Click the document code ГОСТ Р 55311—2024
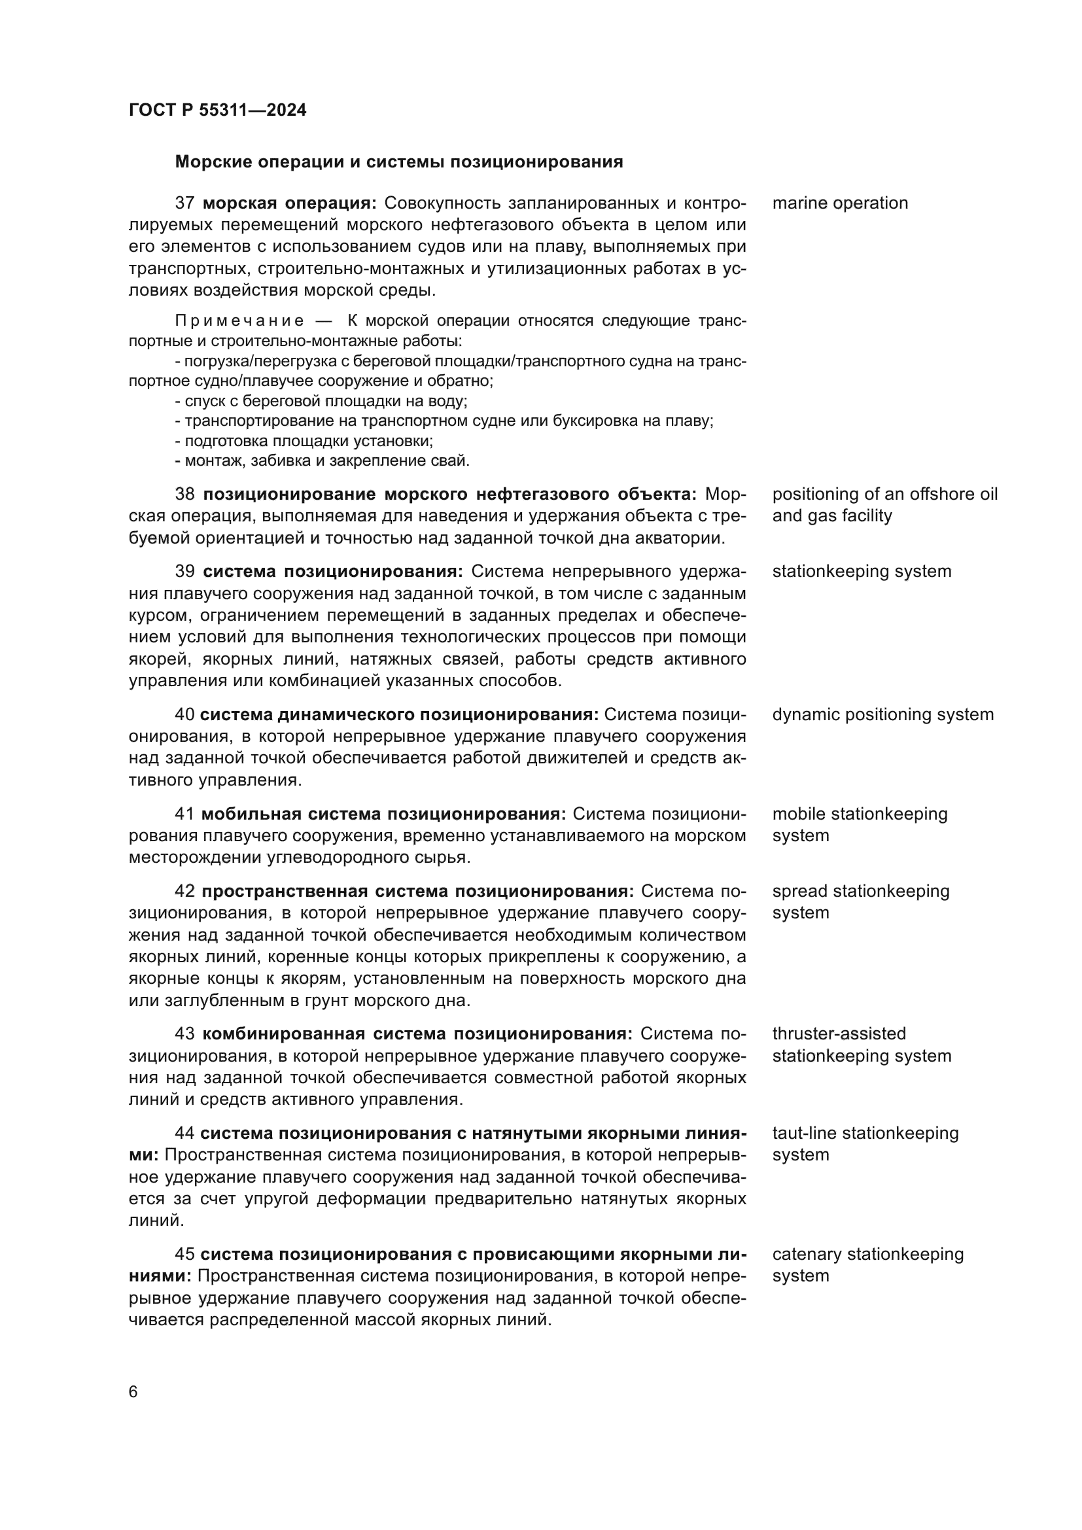point(217,111)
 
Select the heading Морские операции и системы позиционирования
point(398,162)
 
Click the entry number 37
point(184,203)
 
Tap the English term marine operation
point(839,203)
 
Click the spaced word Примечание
point(239,321)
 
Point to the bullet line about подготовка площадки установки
point(304,441)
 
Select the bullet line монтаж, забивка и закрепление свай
point(323,461)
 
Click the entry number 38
point(184,495)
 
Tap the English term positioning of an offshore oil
point(884,495)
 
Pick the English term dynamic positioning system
point(882,715)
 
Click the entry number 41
point(184,814)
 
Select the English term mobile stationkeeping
point(860,814)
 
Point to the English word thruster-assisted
point(839,1034)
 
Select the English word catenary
point(807,1255)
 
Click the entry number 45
point(184,1255)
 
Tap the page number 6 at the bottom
point(133,1392)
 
